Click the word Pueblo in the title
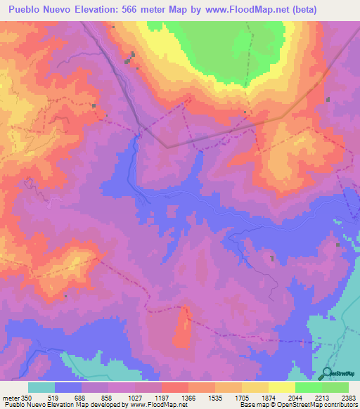27,10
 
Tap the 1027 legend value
146,398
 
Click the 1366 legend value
200,398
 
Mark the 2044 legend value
307,398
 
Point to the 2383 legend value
349,398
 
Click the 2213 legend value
333,398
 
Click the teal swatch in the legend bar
41,387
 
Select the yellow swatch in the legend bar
281,387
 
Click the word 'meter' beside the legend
11,398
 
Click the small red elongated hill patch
183,327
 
